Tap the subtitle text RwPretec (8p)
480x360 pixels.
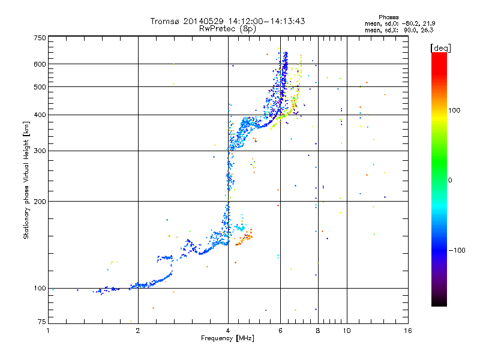pos(227,29)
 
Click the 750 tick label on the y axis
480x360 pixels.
pos(40,38)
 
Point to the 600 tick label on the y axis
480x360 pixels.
pos(40,64)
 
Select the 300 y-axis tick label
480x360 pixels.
pos(40,151)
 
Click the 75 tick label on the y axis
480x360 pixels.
pos(42,322)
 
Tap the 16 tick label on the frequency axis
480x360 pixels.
pos(408,331)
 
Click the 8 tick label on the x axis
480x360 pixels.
pos(318,331)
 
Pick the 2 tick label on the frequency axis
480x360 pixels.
pos(138,331)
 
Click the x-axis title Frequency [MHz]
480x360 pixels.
pos(227,338)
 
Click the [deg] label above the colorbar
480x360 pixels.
pos(440,49)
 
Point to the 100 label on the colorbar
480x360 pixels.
pos(454,110)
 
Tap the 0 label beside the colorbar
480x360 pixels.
pos(450,181)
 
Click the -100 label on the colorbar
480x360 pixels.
pos(457,250)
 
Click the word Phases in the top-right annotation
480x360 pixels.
pos(388,17)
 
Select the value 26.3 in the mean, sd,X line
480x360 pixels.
pos(427,31)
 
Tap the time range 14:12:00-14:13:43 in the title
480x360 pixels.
pos(266,21)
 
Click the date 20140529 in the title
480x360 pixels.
pos(203,21)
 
